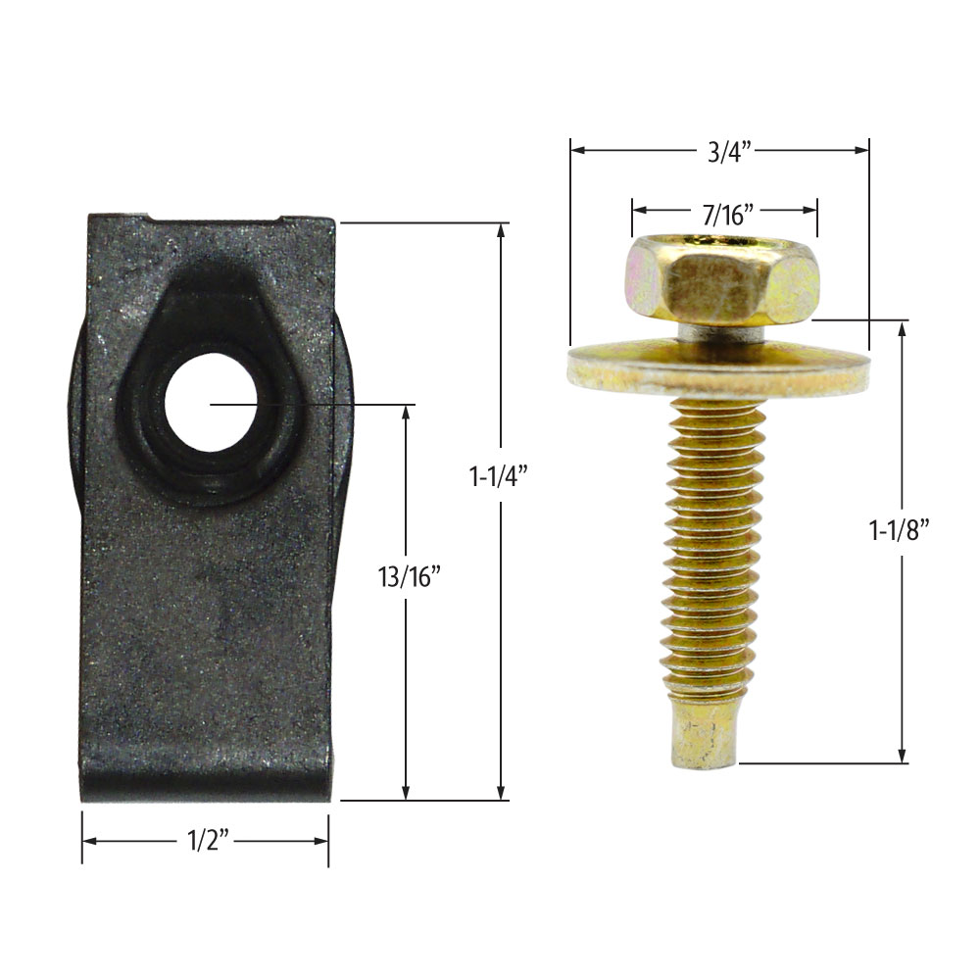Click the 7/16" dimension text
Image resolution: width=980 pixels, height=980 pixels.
click(725, 210)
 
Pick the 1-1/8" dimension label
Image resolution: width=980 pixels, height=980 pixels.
click(899, 529)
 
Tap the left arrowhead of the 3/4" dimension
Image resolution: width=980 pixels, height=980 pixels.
click(578, 150)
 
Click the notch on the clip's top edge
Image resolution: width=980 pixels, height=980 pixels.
click(217, 218)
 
